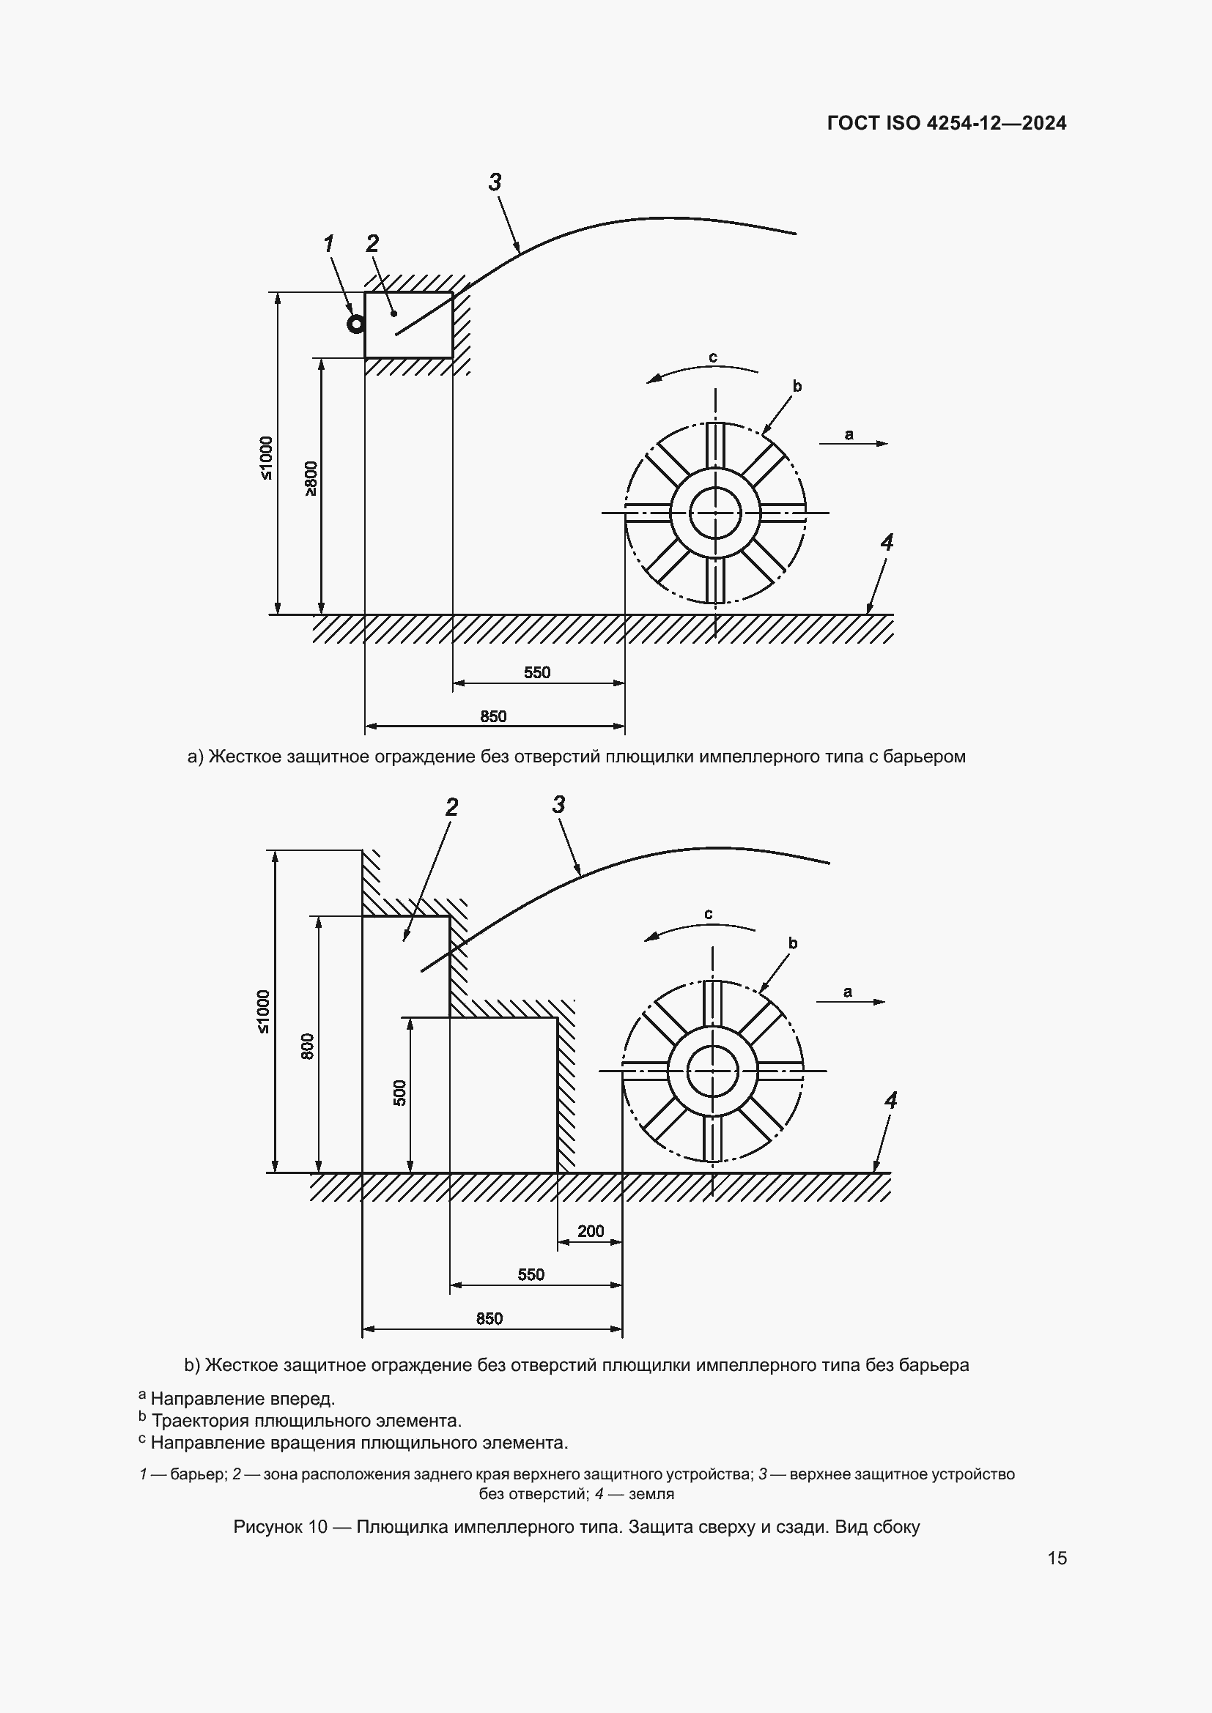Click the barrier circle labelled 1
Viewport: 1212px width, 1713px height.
(x=356, y=324)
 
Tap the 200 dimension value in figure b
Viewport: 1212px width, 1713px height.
(x=591, y=1231)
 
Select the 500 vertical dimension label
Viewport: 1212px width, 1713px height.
(x=400, y=1093)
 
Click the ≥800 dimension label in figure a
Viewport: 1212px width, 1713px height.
(x=311, y=479)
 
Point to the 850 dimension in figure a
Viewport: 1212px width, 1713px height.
(x=493, y=716)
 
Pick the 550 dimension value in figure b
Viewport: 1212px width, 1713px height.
(x=531, y=1274)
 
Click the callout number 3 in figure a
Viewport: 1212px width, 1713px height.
(x=495, y=182)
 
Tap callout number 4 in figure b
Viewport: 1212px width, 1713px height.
(x=890, y=1100)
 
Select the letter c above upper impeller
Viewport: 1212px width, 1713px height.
(x=713, y=358)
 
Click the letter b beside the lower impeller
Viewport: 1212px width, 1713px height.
(x=793, y=943)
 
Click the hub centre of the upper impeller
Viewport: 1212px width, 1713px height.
(x=715, y=513)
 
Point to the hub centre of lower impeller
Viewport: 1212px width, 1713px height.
(x=713, y=1071)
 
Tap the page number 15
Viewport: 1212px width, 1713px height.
(x=1057, y=1558)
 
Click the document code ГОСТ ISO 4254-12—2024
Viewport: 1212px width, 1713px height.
(x=946, y=123)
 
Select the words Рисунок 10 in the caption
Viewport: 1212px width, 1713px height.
(x=280, y=1526)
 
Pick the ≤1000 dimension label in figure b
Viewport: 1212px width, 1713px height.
(x=264, y=1011)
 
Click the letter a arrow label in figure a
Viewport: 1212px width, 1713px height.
(x=849, y=434)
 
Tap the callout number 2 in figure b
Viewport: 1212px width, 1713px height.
(x=451, y=807)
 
